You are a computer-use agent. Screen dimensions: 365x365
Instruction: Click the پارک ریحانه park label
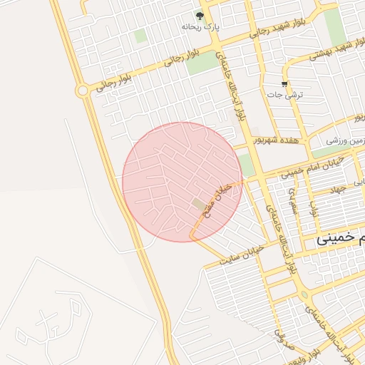199,27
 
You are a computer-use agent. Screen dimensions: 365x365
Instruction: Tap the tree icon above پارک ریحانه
200,16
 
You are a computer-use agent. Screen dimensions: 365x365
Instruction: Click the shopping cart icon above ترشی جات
284,84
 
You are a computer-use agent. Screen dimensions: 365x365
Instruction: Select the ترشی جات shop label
284,94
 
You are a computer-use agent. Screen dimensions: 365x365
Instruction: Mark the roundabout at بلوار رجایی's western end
83,91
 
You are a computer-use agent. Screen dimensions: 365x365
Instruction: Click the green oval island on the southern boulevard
305,294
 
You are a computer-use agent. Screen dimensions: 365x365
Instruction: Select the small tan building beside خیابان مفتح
198,205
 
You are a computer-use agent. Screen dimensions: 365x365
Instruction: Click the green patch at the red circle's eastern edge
246,165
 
